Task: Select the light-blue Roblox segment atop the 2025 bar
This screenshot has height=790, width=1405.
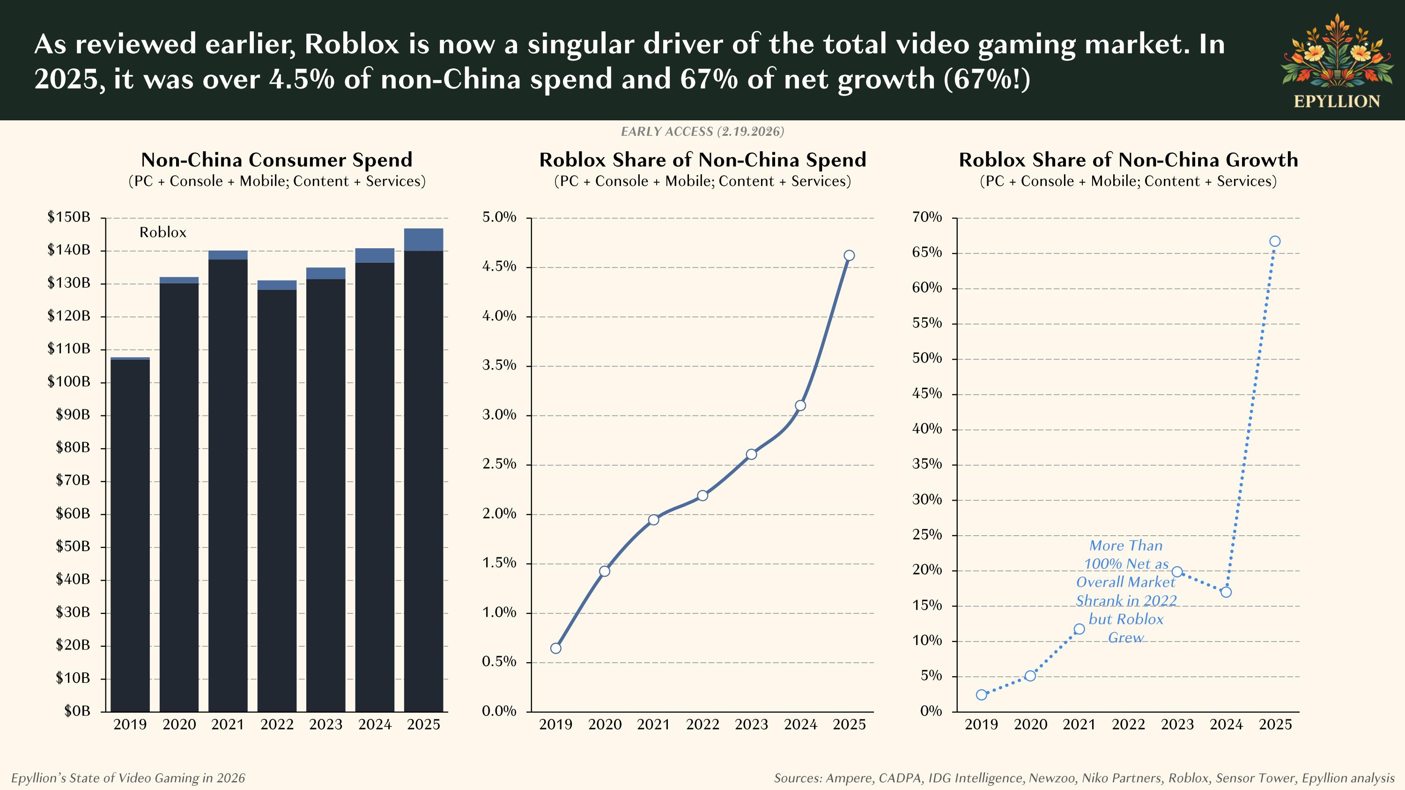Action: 423,239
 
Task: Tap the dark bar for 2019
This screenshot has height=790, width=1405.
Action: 130,534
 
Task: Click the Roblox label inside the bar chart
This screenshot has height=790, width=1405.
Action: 163,232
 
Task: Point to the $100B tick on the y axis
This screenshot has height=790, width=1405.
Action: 69,382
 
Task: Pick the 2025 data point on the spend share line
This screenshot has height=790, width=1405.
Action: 849,255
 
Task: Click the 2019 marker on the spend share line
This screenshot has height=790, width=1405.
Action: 555,648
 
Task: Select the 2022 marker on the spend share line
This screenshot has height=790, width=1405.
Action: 702,495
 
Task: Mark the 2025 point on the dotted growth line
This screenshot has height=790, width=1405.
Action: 1275,241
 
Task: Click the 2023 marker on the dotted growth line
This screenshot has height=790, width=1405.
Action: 1177,571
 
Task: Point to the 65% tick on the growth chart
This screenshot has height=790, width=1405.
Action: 927,252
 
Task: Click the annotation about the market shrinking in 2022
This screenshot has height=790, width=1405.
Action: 1126,591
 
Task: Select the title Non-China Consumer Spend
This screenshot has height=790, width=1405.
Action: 276,160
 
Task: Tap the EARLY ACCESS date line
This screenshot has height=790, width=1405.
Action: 702,132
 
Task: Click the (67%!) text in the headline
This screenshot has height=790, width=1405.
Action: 987,79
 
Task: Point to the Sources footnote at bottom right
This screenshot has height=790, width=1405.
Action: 1084,778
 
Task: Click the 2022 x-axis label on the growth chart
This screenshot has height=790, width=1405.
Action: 1128,724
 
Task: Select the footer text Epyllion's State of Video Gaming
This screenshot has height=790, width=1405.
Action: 128,778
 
